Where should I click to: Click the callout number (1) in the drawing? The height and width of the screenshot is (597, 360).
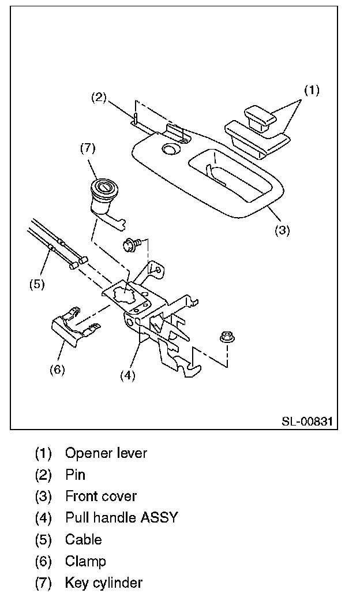click(312, 90)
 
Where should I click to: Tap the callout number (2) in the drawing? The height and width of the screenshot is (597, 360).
click(99, 97)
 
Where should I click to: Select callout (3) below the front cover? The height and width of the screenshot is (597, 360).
click(282, 230)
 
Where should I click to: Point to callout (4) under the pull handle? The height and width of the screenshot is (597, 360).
click(127, 375)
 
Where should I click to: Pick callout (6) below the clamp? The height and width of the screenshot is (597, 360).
click(57, 370)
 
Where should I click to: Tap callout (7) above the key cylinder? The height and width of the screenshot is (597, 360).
click(87, 149)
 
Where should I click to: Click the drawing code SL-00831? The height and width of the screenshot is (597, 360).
click(307, 421)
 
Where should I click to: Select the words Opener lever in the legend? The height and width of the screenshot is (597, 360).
click(106, 453)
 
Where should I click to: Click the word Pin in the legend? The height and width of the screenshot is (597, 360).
click(75, 475)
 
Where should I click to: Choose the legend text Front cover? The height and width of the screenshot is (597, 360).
click(101, 496)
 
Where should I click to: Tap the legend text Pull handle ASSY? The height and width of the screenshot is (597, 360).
click(121, 517)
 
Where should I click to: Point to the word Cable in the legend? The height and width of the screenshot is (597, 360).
click(83, 539)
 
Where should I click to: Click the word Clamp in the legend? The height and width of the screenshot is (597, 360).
click(85, 561)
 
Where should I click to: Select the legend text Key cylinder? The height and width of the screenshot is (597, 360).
click(104, 583)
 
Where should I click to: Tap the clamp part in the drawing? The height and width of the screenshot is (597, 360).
click(68, 329)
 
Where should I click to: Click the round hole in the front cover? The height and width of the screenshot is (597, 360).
click(170, 150)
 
